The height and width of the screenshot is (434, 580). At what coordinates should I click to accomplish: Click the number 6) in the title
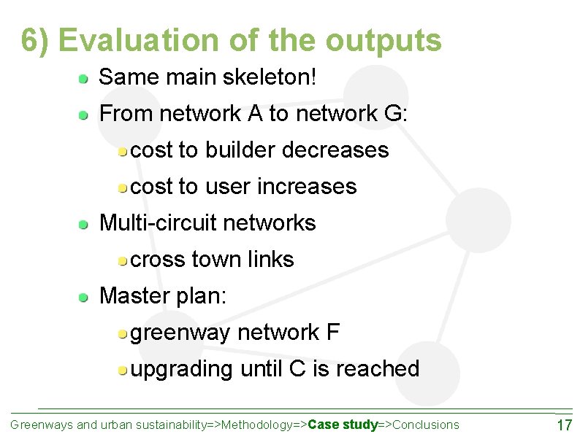pos(36,41)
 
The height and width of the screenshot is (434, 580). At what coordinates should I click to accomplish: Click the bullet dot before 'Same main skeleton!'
pos(85,77)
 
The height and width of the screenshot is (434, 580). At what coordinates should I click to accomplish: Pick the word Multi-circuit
pos(157,223)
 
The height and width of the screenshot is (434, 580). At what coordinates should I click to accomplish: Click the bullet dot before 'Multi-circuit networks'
pos(85,223)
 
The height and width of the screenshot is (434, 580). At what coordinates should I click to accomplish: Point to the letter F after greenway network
pos(332,333)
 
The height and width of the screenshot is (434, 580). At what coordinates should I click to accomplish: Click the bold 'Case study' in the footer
pos(343,425)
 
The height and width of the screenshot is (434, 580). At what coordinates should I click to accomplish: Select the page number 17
pos(564,425)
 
